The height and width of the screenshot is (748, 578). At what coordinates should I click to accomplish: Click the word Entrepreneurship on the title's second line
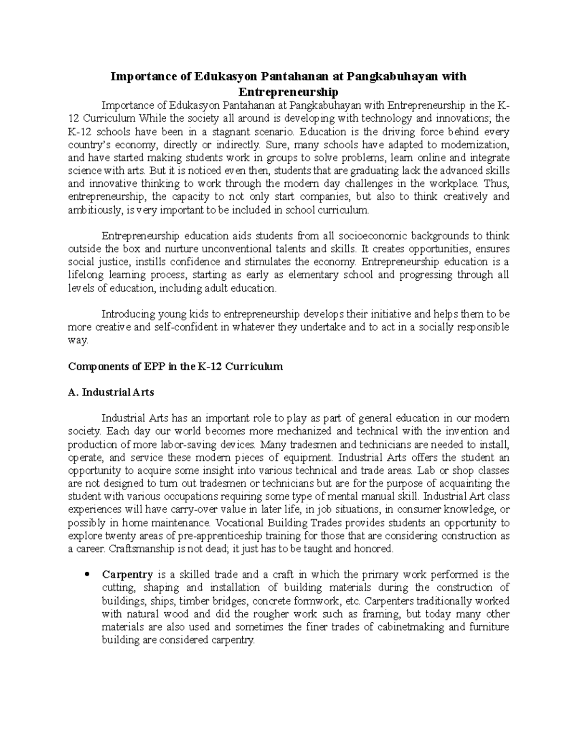pyautogui.click(x=289, y=92)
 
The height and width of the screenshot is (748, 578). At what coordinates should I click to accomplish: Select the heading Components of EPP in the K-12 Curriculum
pyautogui.click(x=175, y=367)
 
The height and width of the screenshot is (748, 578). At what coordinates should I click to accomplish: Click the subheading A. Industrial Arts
pyautogui.click(x=111, y=392)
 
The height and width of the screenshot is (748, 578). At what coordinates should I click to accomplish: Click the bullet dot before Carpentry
pyautogui.click(x=87, y=575)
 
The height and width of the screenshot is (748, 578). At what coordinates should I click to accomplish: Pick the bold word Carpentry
pyautogui.click(x=127, y=575)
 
